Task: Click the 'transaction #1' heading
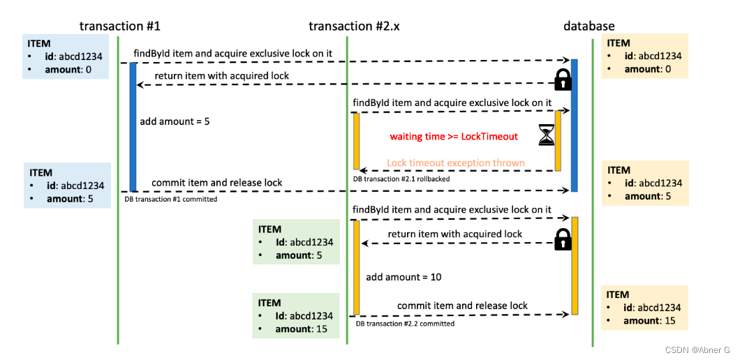pyautogui.click(x=120, y=26)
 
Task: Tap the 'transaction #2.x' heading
pyautogui.click(x=355, y=26)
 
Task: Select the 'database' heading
pyautogui.click(x=589, y=26)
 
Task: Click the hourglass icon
pyautogui.click(x=547, y=135)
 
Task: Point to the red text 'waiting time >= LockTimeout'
pyautogui.click(x=454, y=137)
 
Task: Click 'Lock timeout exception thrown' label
pyautogui.click(x=455, y=163)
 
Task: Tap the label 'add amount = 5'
pyautogui.click(x=175, y=121)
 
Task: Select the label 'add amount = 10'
pyautogui.click(x=404, y=277)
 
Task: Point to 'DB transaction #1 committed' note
pyautogui.click(x=170, y=199)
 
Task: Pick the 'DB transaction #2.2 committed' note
pyautogui.click(x=405, y=324)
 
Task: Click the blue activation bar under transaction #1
pyautogui.click(x=133, y=126)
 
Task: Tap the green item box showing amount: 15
pyautogui.click(x=296, y=315)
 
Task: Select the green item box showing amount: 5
pyautogui.click(x=296, y=242)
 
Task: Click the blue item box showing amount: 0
pyautogui.click(x=66, y=56)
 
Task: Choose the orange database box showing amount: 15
pyautogui.click(x=644, y=308)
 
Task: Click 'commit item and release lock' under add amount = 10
pyautogui.click(x=462, y=306)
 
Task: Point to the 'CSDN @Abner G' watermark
pyautogui.click(x=700, y=350)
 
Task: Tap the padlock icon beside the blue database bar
pyautogui.click(x=563, y=80)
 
